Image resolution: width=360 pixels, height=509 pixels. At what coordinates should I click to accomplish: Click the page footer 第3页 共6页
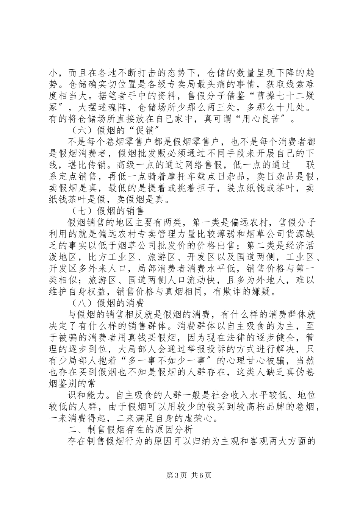(180, 476)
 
